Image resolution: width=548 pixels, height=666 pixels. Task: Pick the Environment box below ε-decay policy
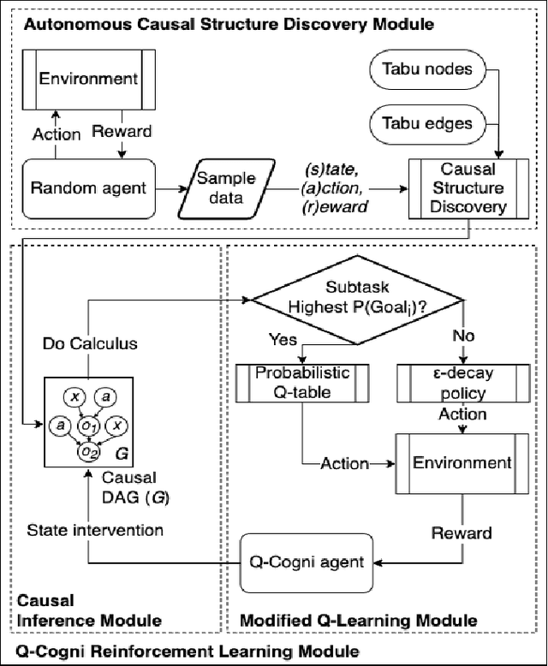pyautogui.click(x=461, y=463)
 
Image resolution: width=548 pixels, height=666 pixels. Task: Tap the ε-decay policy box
pyautogui.click(x=461, y=382)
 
